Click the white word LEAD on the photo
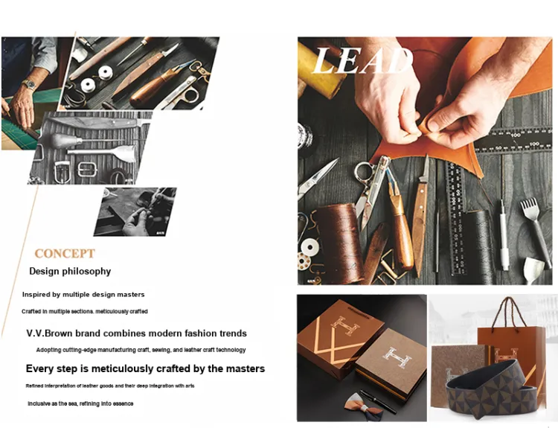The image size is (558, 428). tap(362, 60)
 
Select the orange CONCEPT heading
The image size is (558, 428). tap(65, 254)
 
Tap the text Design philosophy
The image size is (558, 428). tap(70, 272)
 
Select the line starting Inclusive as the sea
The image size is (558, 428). tap(81, 403)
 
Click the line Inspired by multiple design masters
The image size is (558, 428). tap(83, 295)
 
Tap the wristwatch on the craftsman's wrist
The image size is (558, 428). tap(29, 85)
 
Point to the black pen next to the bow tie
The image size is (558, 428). tap(378, 401)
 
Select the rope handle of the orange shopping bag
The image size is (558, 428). tap(509, 314)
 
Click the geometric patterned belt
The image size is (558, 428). tap(492, 389)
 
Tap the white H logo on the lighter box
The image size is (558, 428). tap(397, 357)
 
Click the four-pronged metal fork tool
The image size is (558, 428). tap(536, 231)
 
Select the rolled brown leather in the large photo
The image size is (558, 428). tap(340, 243)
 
